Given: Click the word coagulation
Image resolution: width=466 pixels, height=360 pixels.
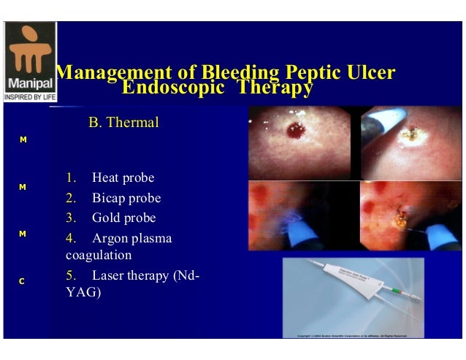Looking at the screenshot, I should (x=98, y=256).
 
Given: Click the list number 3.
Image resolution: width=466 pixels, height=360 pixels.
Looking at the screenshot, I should (x=70, y=218).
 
